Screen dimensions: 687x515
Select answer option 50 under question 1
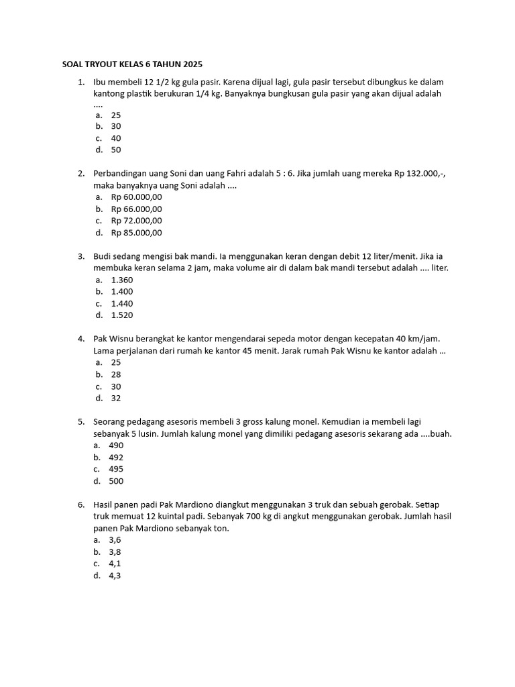click(116, 150)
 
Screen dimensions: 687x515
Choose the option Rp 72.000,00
click(137, 221)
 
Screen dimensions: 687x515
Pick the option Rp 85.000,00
click(137, 233)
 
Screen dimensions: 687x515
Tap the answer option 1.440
click(122, 303)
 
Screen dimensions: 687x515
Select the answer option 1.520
click(122, 315)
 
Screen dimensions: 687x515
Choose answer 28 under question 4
click(116, 374)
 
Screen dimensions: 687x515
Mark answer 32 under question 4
click(116, 398)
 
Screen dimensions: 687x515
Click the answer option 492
click(116, 457)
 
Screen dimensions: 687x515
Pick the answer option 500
click(116, 481)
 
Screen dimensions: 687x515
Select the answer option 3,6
click(115, 539)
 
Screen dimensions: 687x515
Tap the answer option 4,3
click(115, 576)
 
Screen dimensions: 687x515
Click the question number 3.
click(80, 256)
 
